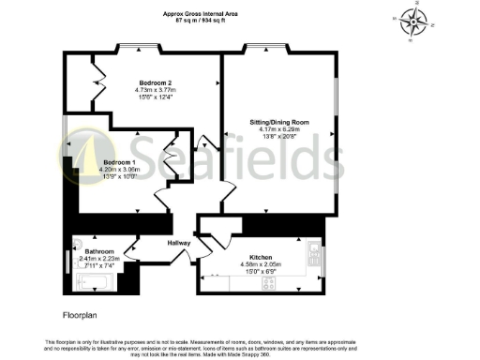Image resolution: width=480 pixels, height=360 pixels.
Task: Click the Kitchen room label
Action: point(261,256)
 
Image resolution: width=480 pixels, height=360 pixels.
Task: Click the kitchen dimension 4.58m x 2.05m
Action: point(261,263)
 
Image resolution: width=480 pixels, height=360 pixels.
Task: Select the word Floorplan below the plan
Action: point(80,316)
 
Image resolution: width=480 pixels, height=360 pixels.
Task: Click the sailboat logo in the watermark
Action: point(82,155)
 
